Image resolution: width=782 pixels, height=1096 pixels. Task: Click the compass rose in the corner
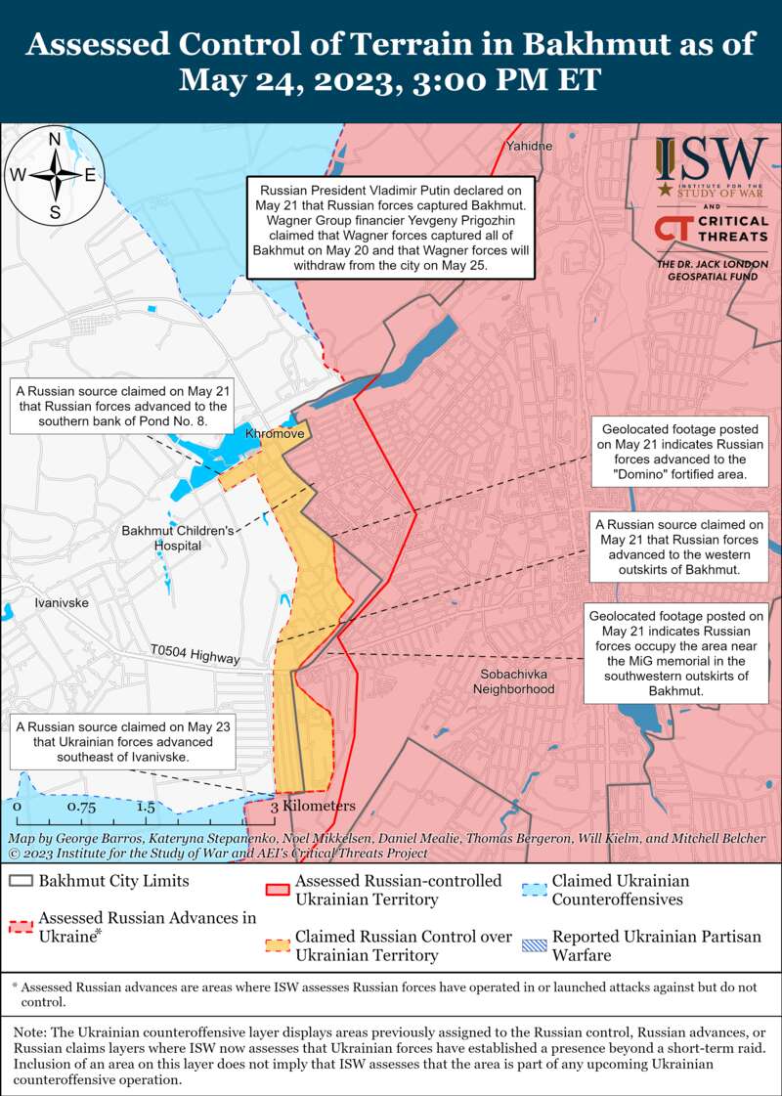pyautogui.click(x=56, y=175)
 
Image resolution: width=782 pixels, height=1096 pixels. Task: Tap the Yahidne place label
pyautogui.click(x=529, y=146)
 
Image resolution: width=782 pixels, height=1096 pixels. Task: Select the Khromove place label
pyautogui.click(x=276, y=432)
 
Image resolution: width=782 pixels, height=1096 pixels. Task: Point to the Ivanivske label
pyautogui.click(x=61, y=602)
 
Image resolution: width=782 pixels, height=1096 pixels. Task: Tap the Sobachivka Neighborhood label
pyautogui.click(x=513, y=681)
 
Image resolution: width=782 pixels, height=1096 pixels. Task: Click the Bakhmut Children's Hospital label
pyautogui.click(x=177, y=538)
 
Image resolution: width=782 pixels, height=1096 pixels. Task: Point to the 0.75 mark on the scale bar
pyautogui.click(x=81, y=808)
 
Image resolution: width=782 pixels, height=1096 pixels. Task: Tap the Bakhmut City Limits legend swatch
pyautogui.click(x=21, y=881)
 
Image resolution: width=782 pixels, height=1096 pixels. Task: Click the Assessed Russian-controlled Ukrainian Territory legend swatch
pyautogui.click(x=280, y=890)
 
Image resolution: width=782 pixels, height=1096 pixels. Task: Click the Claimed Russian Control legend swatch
pyautogui.click(x=280, y=945)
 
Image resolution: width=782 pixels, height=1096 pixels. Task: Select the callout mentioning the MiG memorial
pyautogui.click(x=674, y=653)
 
